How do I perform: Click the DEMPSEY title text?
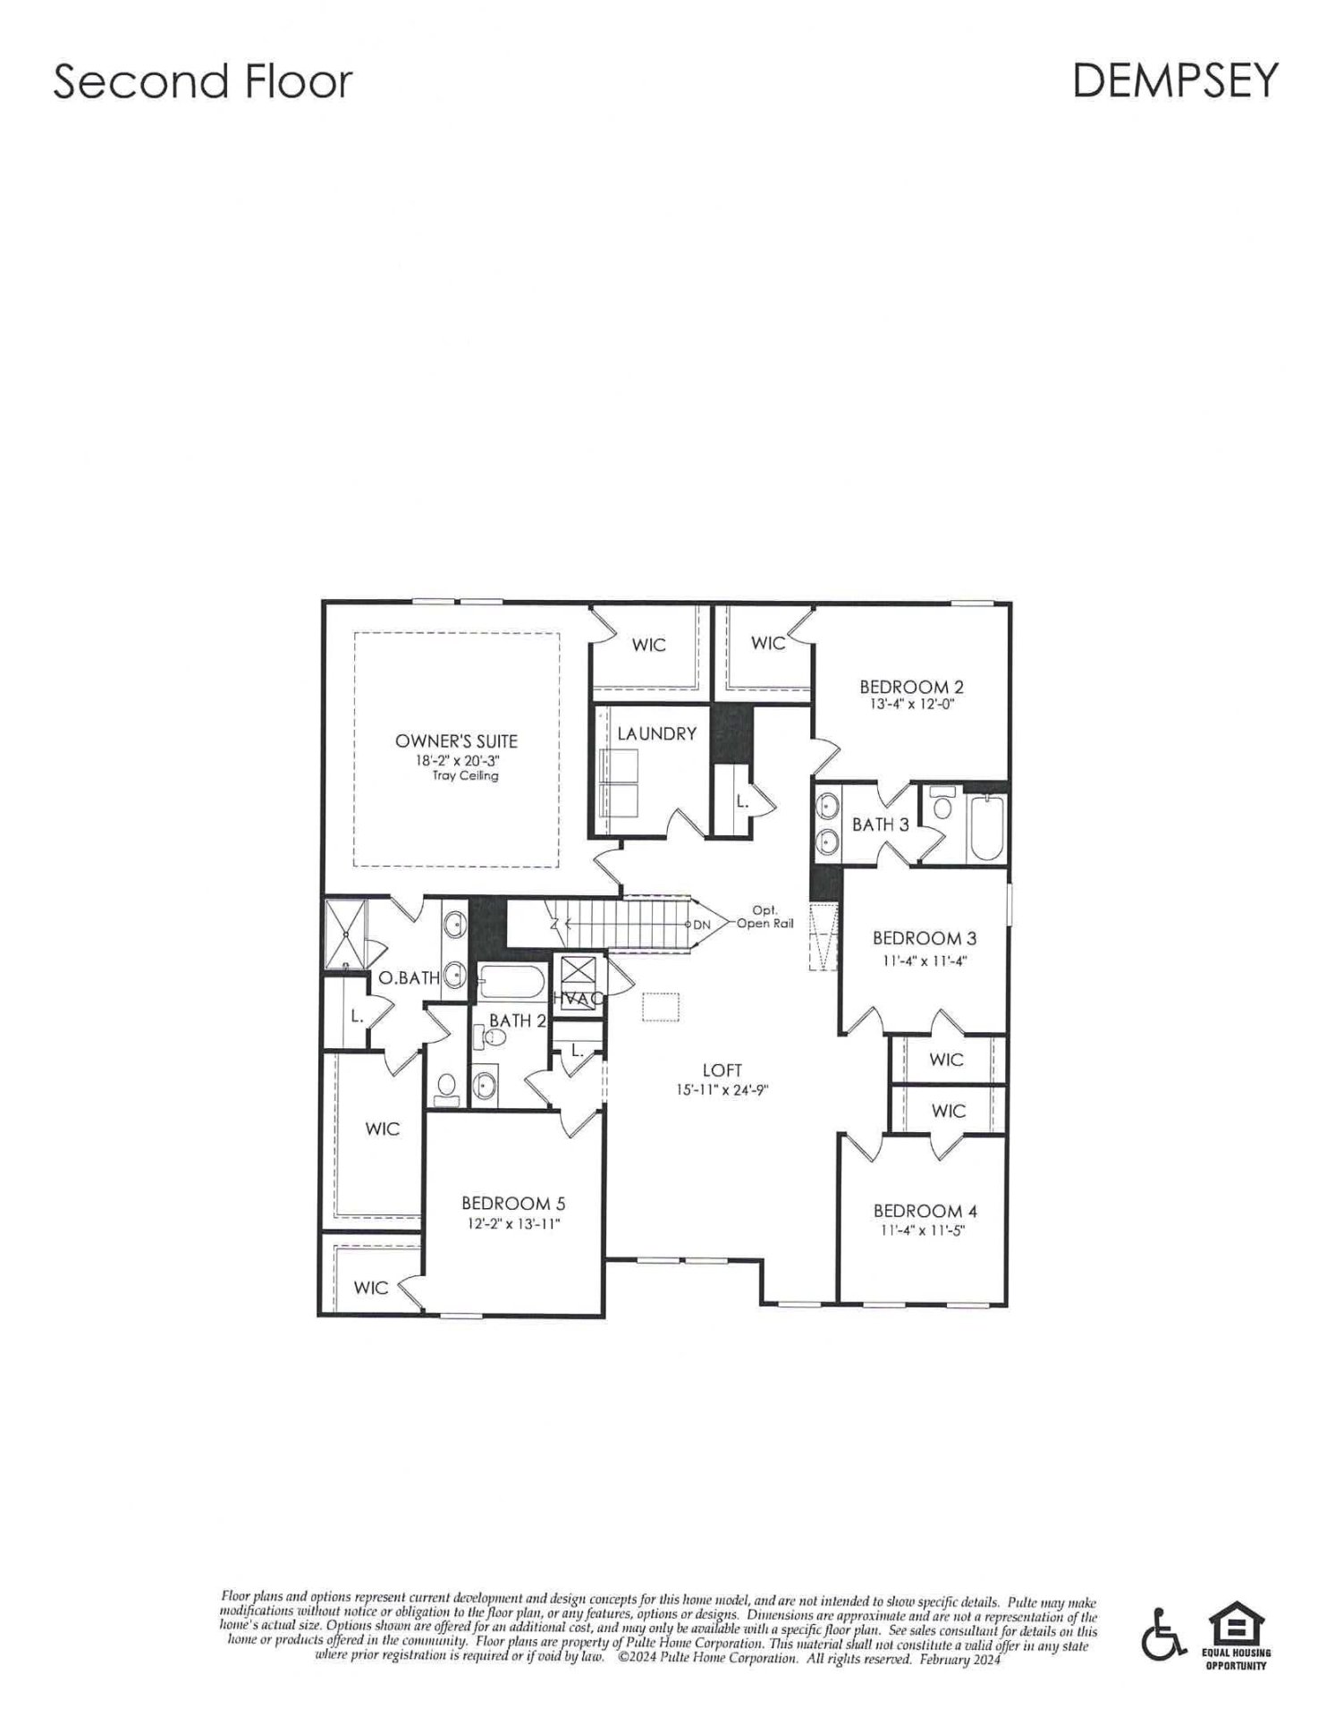[1174, 81]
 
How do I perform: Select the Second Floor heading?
[203, 81]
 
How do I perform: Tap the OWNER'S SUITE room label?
[456, 741]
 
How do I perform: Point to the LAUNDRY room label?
[657, 734]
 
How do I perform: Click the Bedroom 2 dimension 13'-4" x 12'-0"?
[911, 704]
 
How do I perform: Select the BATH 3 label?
[880, 825]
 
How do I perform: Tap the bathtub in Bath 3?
[987, 827]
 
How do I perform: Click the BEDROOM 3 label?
[924, 938]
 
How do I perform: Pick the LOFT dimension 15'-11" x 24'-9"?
[722, 1090]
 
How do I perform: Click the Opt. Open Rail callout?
[765, 918]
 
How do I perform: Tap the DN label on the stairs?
[702, 925]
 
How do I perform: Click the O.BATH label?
[409, 978]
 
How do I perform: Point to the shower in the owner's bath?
[345, 934]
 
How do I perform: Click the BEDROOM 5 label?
[513, 1204]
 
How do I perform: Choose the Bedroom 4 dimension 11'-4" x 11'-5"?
[924, 1230]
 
